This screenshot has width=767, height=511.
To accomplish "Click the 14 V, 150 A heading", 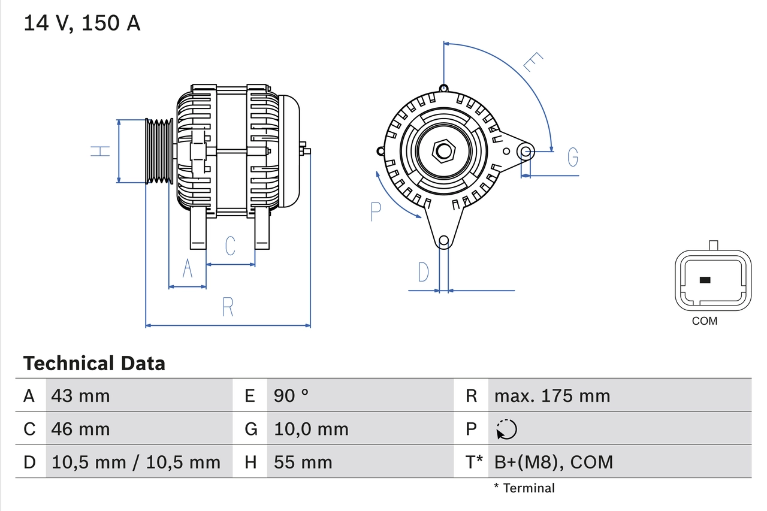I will click(82, 23).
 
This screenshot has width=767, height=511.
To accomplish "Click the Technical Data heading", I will click(94, 363).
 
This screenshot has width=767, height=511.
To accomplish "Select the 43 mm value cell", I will click(81, 395).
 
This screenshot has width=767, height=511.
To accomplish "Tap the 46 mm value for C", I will click(81, 429).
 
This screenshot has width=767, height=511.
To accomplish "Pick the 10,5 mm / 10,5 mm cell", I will click(136, 462).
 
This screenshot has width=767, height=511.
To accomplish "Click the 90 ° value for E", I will click(291, 395).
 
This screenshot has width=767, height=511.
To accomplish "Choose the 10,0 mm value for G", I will click(311, 429).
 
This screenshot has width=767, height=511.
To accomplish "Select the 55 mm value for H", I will click(303, 462).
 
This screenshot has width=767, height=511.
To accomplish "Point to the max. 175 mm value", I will click(552, 395).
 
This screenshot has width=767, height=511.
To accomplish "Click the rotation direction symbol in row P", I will click(506, 429).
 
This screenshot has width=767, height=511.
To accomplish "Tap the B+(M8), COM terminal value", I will click(554, 462).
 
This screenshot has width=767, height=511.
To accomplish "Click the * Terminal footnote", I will click(524, 488).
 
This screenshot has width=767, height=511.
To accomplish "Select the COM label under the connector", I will click(704, 321).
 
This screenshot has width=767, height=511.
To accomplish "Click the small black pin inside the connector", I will click(705, 280).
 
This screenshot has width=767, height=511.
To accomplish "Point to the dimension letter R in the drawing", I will click(228, 307).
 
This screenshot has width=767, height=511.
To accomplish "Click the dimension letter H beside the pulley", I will click(101, 150).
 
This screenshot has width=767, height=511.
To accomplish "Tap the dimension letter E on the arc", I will click(533, 62).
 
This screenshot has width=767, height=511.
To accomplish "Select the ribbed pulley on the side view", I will click(159, 150).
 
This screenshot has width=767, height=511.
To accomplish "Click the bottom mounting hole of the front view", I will click(443, 241).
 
